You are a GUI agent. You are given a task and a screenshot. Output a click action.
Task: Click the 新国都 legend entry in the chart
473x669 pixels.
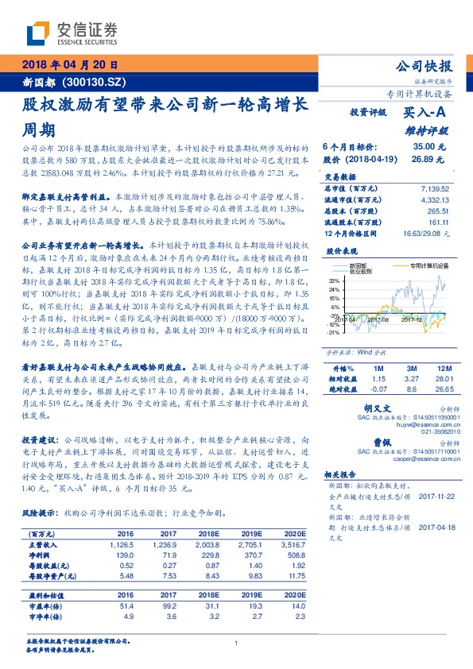359,265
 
